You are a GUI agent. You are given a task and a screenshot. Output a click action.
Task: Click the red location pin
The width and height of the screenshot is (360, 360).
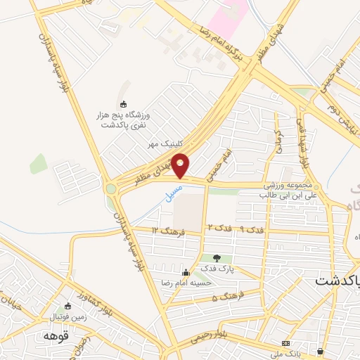click(x=181, y=166)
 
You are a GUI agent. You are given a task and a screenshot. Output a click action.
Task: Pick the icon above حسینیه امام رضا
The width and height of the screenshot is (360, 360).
click(x=186, y=272)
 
